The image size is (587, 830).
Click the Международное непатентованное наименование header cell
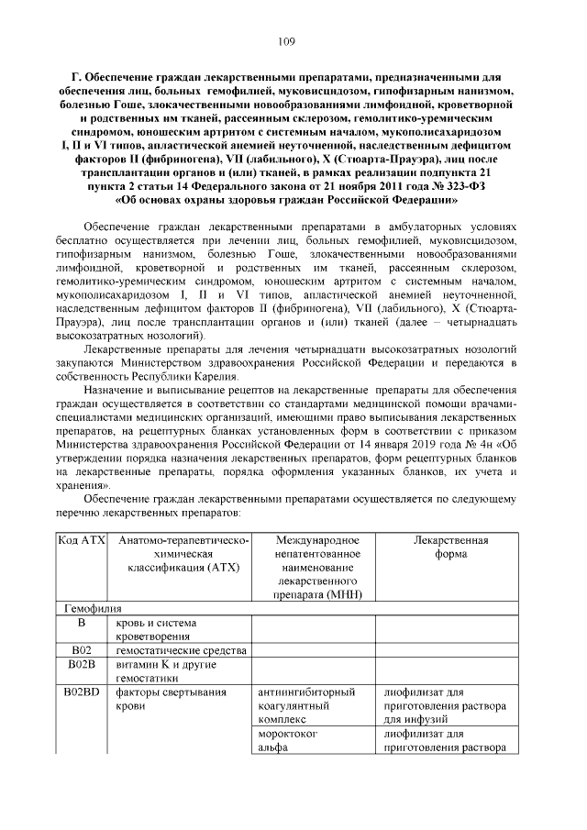tap(314, 568)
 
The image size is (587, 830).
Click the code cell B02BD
tap(83, 692)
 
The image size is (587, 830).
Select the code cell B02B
tap(83, 664)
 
